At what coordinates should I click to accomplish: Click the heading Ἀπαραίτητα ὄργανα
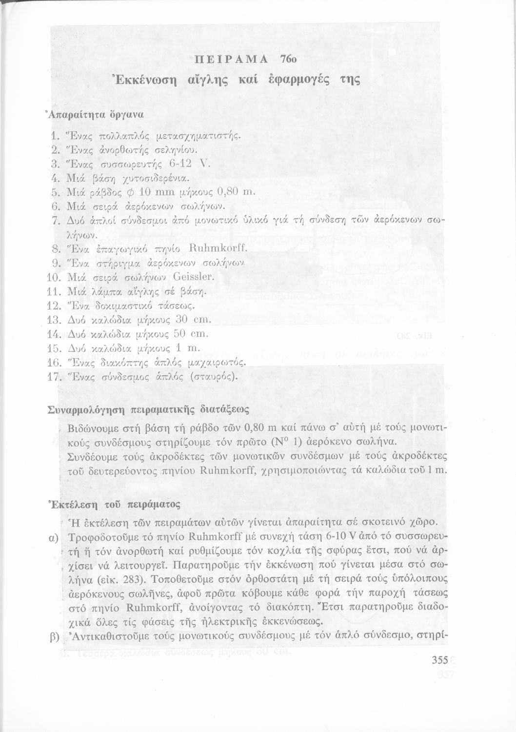click(x=95, y=115)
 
